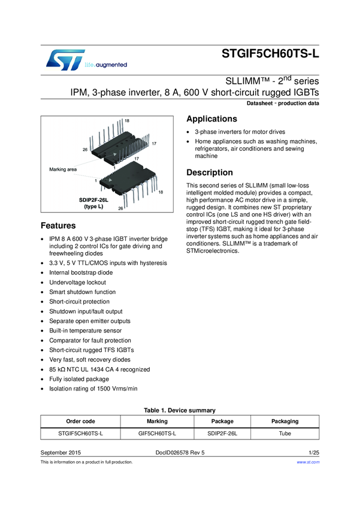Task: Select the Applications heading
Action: [212, 119]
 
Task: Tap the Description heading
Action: [211, 172]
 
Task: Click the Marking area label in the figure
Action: [63, 169]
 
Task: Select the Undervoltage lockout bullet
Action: [77, 282]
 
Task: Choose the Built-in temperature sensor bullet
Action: [85, 331]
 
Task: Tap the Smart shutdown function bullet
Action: [82, 292]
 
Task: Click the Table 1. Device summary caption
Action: [180, 410]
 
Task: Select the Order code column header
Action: [80, 421]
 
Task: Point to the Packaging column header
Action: [285, 421]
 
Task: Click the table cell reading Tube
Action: [285, 433]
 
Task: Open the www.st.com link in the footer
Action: [308, 462]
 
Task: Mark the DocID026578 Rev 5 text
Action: [180, 453]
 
